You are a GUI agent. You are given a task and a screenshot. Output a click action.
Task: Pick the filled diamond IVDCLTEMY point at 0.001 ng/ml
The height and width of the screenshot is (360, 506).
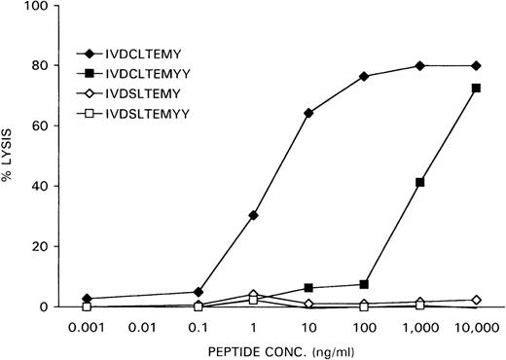point(87,299)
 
